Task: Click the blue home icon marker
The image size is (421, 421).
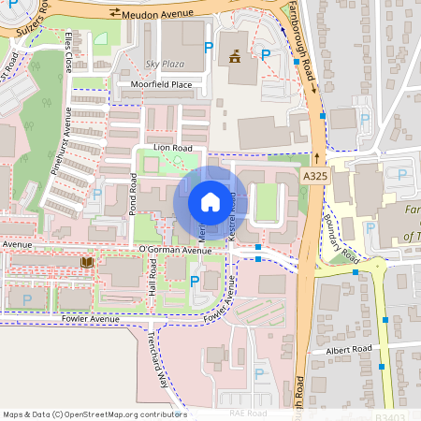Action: pyautogui.click(x=210, y=202)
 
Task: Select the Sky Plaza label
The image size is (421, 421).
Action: pyautogui.click(x=166, y=64)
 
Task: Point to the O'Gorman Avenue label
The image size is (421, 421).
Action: pyautogui.click(x=175, y=251)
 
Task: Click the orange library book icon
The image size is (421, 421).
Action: pyautogui.click(x=87, y=263)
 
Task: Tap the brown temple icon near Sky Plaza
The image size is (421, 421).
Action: pyautogui.click(x=233, y=56)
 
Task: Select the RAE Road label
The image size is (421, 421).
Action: pyautogui.click(x=248, y=413)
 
